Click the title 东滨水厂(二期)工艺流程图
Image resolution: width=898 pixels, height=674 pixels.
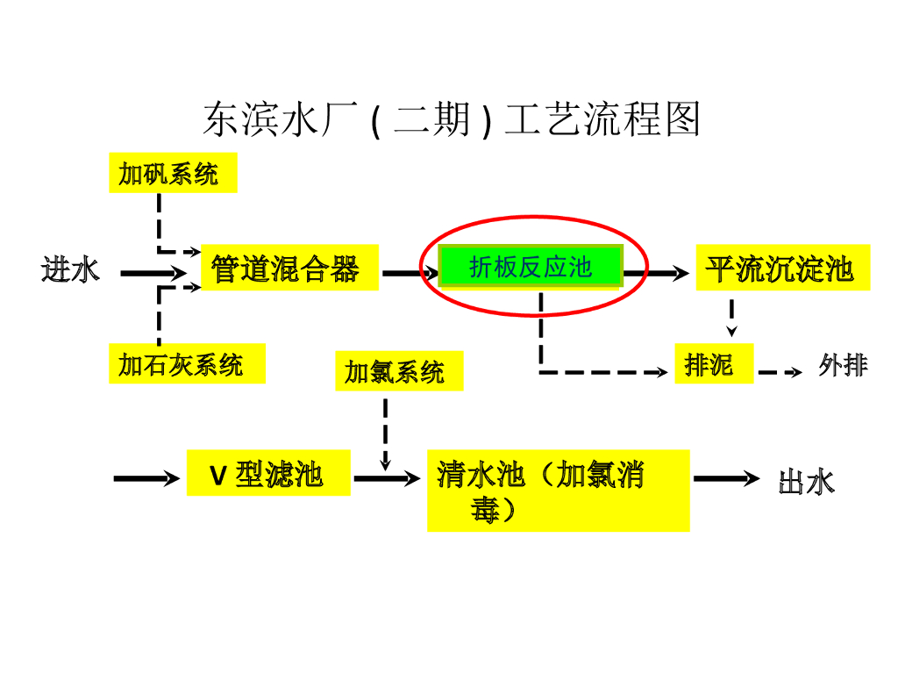pyautogui.click(x=451, y=119)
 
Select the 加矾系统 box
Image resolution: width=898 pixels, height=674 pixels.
pyautogui.click(x=173, y=173)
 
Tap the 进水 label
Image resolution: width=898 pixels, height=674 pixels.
pyautogui.click(x=70, y=269)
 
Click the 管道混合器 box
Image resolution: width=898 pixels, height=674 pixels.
pyautogui.click(x=289, y=268)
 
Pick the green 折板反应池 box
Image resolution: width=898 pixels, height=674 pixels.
pyautogui.click(x=531, y=267)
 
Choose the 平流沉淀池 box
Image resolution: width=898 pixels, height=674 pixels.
pyautogui.click(x=782, y=268)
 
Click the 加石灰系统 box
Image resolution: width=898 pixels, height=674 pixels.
pyautogui.click(x=187, y=363)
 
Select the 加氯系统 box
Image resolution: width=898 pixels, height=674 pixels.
pyautogui.click(x=399, y=371)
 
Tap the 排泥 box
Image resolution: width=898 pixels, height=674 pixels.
pyautogui.click(x=714, y=363)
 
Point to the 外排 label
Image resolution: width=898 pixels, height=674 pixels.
pyautogui.click(x=843, y=365)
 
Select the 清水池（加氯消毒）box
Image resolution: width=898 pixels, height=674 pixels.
pyautogui.click(x=558, y=491)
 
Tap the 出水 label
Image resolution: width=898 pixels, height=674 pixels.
pyautogui.click(x=806, y=482)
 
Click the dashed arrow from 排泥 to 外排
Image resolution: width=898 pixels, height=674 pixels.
pyautogui.click(x=779, y=373)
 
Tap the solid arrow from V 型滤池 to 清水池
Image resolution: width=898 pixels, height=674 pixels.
pyautogui.click(x=386, y=479)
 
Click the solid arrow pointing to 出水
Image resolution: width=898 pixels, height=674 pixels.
pyautogui.click(x=725, y=479)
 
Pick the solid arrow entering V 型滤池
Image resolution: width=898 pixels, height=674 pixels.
pyautogui.click(x=146, y=479)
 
